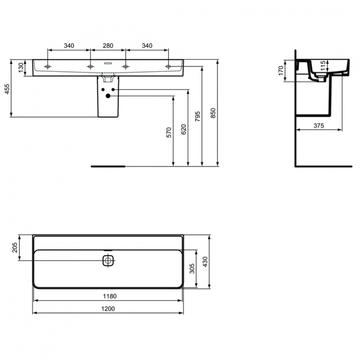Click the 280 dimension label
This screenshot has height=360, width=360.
pyautogui.click(x=108, y=46)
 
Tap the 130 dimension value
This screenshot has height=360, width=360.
pyautogui.click(x=21, y=68)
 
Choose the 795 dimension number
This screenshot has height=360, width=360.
pyautogui.click(x=198, y=118)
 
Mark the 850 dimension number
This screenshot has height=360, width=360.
pyautogui.click(x=214, y=113)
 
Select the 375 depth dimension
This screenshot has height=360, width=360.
pyautogui.click(x=319, y=126)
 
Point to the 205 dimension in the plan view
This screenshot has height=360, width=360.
pyautogui.click(x=15, y=248)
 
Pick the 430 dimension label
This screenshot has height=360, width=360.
pyautogui.click(x=206, y=262)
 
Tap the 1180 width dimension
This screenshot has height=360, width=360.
pyautogui.click(x=108, y=296)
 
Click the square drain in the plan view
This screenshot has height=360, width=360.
pyautogui.click(x=108, y=261)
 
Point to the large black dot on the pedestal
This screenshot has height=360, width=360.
pyautogui.click(x=108, y=96)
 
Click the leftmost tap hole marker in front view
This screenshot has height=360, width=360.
pyautogui.click(x=48, y=66)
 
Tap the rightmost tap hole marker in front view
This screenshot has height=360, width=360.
pyautogui.click(x=168, y=66)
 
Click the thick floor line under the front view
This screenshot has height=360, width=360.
pyautogui.click(x=108, y=166)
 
